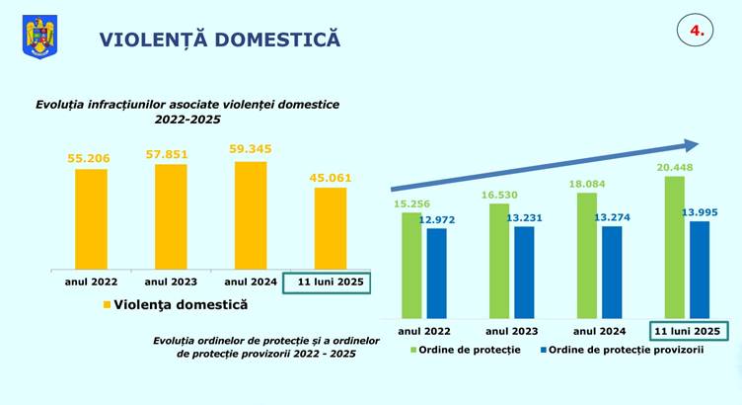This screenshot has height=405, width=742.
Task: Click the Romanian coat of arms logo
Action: pos(40,39)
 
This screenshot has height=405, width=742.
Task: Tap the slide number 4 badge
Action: pos(696,31)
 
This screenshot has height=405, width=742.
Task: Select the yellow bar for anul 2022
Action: pos(91,217)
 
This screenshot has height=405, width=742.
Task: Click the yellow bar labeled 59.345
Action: pos(251,213)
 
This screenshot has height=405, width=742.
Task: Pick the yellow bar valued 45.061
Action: pos(331,227)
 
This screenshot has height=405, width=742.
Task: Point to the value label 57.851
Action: pos(172,154)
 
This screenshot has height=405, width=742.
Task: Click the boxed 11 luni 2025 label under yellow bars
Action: pos(326,283)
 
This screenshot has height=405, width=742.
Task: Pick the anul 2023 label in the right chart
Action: pos(511,331)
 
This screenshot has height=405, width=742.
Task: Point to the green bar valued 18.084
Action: pos(587,254)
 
